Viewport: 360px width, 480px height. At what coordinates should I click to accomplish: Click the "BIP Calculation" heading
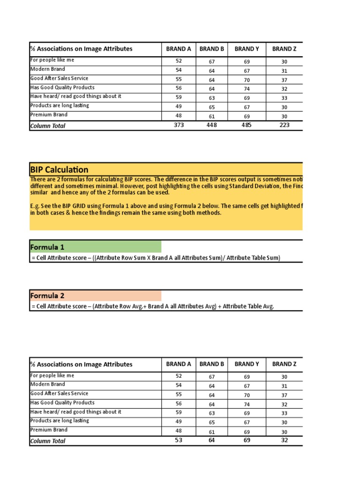click(59, 170)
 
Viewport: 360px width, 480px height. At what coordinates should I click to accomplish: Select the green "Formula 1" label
click(47, 247)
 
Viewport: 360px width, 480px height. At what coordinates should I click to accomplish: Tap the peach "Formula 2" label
click(47, 296)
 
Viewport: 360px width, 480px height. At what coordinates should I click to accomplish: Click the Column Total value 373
click(179, 125)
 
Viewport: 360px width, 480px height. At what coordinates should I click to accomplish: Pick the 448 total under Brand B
click(211, 125)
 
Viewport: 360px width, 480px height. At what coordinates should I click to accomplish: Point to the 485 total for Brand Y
click(247, 125)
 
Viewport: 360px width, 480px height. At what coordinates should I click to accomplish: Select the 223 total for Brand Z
click(284, 125)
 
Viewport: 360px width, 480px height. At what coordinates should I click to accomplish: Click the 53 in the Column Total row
click(179, 440)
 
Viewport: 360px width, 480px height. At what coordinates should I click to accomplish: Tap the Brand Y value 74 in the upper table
click(247, 89)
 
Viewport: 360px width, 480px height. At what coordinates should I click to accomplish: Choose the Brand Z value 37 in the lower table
click(284, 395)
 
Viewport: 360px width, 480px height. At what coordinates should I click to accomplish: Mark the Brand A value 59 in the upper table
click(179, 98)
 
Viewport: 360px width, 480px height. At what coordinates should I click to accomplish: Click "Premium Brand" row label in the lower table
click(49, 430)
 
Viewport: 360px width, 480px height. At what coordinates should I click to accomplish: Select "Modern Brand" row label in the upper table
click(48, 69)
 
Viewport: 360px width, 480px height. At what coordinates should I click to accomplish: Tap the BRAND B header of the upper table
click(211, 49)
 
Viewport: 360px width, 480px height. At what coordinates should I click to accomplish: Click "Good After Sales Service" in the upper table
click(59, 78)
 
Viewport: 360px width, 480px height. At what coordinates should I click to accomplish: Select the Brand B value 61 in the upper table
click(211, 116)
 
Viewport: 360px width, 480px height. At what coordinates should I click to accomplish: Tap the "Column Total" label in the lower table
click(48, 441)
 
